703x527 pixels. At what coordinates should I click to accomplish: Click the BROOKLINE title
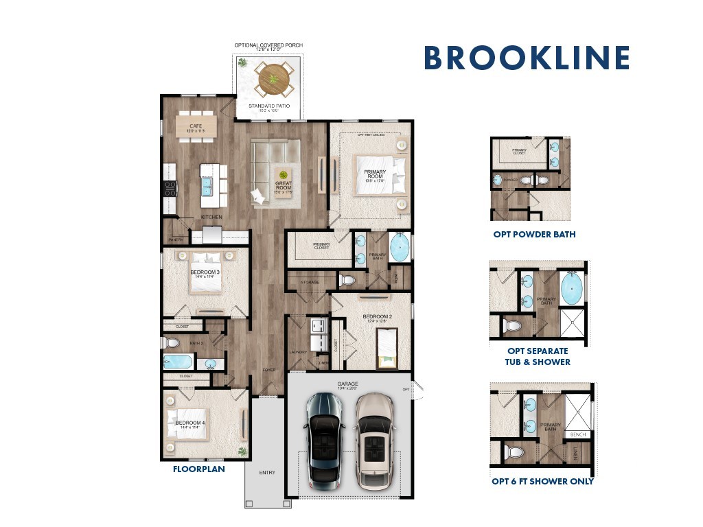click(527, 58)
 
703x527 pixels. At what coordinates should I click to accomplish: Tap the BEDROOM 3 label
click(205, 273)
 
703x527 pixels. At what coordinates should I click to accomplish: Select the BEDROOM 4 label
click(190, 424)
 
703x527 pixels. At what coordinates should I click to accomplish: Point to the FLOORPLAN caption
click(198, 470)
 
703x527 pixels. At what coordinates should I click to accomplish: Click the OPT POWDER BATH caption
click(534, 234)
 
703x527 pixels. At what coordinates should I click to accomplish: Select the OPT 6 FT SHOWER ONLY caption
click(542, 481)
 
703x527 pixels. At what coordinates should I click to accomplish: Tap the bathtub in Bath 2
click(178, 361)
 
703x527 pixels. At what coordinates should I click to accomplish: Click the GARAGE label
click(348, 385)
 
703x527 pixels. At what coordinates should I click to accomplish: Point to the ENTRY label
click(266, 473)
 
